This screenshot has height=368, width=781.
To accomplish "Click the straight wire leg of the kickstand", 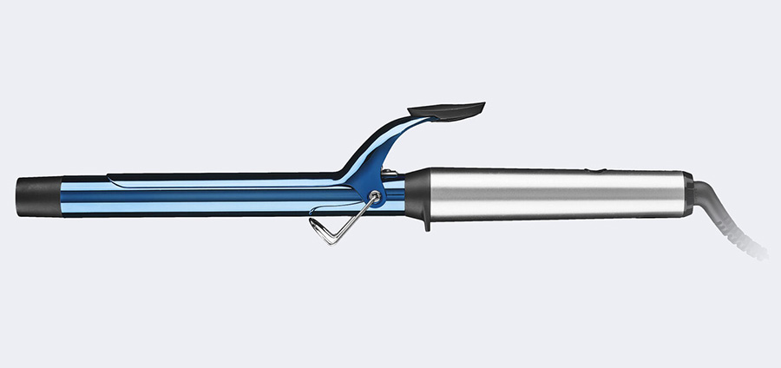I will tap(351, 220).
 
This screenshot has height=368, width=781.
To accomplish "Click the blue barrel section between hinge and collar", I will tap(396, 195).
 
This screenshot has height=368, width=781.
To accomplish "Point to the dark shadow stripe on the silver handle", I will tap(555, 208).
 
